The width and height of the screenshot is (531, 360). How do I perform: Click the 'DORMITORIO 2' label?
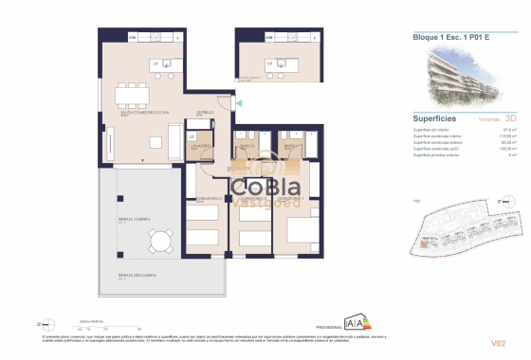[210, 198]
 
